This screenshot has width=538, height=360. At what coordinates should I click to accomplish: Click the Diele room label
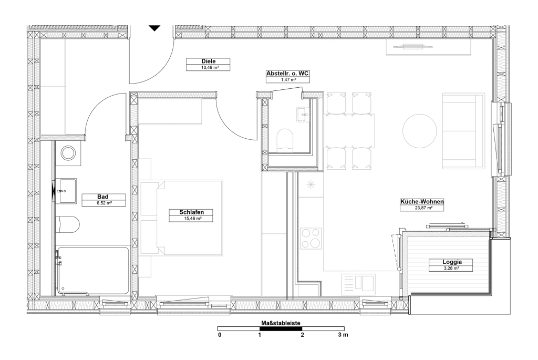208,61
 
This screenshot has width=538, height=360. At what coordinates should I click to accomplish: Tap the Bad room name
103,197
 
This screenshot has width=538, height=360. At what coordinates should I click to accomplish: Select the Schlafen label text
191,212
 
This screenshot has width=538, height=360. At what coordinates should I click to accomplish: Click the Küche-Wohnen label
422,202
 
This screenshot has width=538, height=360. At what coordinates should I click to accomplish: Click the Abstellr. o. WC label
287,74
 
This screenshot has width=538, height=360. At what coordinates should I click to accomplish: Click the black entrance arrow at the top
155,28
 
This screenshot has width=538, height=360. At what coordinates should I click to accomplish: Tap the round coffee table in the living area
420,131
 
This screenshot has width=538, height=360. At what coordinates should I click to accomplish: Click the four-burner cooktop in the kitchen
311,238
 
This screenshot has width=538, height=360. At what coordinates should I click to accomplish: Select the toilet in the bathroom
68,224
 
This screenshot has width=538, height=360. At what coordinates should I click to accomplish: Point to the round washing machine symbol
68,153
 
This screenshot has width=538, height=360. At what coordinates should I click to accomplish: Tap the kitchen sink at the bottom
358,282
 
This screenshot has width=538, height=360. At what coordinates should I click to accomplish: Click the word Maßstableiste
281,323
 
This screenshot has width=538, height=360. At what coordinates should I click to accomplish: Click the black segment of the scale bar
281,329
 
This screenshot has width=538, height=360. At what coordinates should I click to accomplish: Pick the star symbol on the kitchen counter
311,185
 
